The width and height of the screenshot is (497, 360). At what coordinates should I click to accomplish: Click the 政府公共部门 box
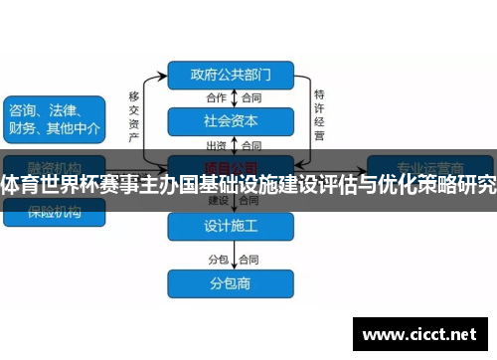tap(231, 74)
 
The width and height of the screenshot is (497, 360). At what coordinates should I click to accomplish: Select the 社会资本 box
tap(231, 121)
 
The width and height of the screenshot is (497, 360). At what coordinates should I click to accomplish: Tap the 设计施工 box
tap(231, 227)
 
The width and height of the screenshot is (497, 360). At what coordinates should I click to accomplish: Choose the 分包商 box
tap(231, 283)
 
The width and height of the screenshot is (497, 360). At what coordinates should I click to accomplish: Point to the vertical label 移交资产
tap(133, 113)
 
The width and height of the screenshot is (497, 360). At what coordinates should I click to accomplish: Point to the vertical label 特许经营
tap(319, 113)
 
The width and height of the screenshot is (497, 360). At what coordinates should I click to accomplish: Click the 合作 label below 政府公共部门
tap(217, 97)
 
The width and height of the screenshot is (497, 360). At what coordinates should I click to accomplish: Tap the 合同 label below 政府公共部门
tap(251, 97)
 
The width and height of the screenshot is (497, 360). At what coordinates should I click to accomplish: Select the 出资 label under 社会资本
tap(217, 145)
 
